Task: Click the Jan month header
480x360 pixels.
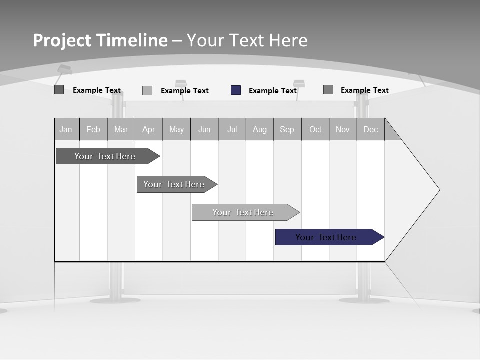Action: coord(66,129)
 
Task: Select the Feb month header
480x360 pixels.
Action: coord(93,129)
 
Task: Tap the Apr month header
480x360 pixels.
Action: coord(149,129)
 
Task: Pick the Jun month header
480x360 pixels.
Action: coord(204,129)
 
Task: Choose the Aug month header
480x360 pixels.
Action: coord(260,129)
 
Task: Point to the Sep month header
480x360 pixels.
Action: coord(287,129)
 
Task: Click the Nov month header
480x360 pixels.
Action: coord(343,129)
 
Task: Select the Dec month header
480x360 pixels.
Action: coord(371,129)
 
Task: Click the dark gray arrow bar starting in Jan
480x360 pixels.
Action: coord(105,156)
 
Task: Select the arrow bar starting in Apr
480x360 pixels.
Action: coord(174,184)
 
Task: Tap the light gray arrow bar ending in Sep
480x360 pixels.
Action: coord(243,212)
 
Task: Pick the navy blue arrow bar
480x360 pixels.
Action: coord(326,237)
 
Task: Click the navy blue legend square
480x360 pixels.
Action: coord(236,90)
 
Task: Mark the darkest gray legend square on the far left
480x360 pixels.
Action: coord(59,90)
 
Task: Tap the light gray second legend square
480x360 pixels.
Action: coord(147,91)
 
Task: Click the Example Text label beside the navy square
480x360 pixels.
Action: coord(273,91)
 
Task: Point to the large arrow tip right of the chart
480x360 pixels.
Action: coord(425,190)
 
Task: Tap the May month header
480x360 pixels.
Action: coord(176,129)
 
